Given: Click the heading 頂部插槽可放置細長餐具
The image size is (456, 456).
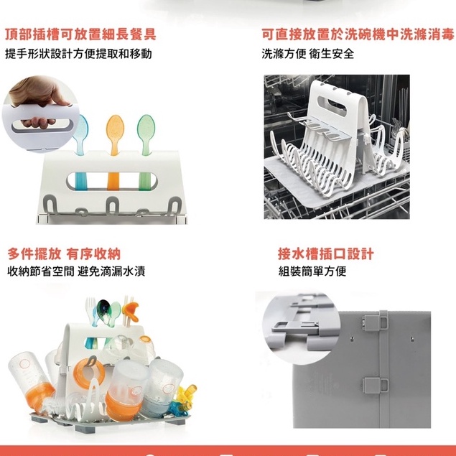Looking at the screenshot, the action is pyautogui.click(x=81, y=34).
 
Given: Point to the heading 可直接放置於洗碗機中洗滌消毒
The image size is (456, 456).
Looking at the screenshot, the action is pyautogui.click(x=358, y=34).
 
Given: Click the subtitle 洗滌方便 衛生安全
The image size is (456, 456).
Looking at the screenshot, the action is pyautogui.click(x=307, y=54).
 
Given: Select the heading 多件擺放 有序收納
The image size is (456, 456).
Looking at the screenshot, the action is pyautogui.click(x=64, y=254).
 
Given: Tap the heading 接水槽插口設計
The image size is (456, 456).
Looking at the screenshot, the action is pyautogui.click(x=326, y=254).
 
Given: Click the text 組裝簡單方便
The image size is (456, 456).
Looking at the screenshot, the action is pyautogui.click(x=312, y=271).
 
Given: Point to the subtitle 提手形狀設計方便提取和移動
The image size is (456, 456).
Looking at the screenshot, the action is pyautogui.click(x=78, y=54).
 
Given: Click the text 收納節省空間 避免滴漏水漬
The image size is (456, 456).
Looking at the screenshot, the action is pyautogui.click(x=76, y=271).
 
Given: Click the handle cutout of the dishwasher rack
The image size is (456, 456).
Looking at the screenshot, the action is pyautogui.click(x=332, y=106).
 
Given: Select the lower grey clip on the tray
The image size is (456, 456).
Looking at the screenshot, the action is pyautogui.click(x=375, y=384).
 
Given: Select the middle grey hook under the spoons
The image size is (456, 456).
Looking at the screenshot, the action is pyautogui.click(x=112, y=205).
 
